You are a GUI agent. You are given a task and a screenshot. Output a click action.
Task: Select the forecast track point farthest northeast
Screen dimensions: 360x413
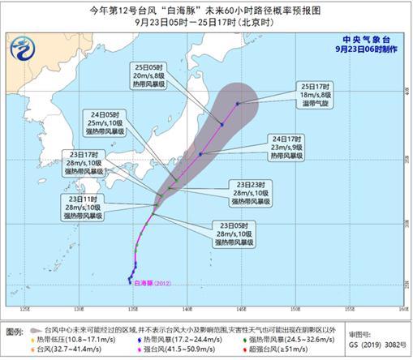pos(238,104)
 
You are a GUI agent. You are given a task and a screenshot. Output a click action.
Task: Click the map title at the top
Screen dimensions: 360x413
pos(206,9)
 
